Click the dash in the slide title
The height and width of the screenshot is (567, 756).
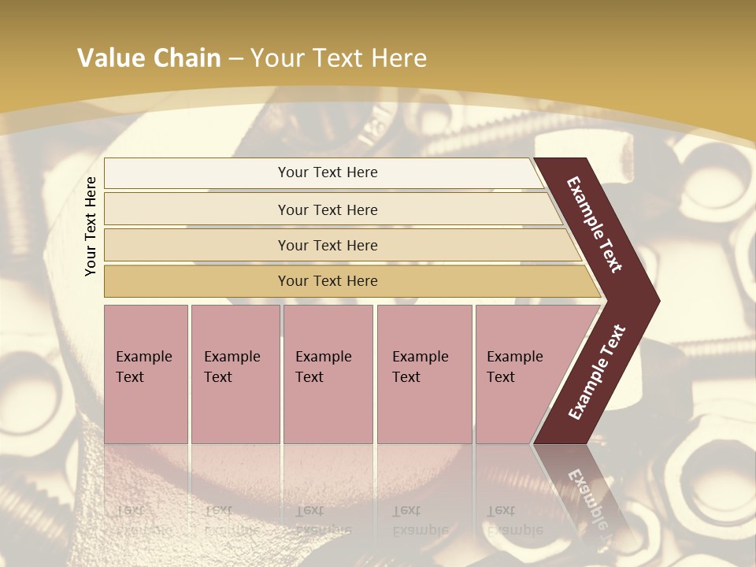coord(235,59)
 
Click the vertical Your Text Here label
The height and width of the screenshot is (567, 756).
coord(91,226)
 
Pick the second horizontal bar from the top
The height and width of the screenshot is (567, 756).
coord(327,209)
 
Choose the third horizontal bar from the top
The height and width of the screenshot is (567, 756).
coord(327,245)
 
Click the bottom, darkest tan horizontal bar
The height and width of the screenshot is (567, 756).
coord(327,281)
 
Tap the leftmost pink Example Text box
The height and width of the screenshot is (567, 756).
coord(146,374)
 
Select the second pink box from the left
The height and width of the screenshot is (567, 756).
coord(235,374)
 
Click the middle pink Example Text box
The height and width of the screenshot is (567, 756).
coord(328,374)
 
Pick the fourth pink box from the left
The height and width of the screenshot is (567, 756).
coord(424,374)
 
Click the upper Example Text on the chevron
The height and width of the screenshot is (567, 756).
coord(595,224)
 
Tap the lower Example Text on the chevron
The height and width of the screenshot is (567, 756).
coord(596,372)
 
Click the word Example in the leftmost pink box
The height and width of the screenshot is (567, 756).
coord(143,357)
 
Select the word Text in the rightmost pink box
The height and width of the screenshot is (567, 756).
coord(500,377)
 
